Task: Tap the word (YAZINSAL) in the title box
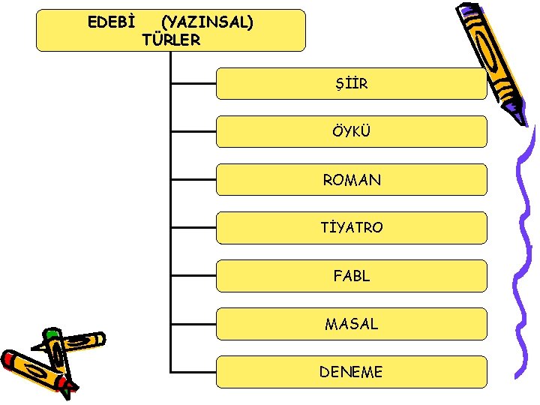tap(207, 22)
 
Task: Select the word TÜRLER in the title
tap(171, 40)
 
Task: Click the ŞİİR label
tap(352, 84)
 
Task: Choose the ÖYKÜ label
tap(352, 132)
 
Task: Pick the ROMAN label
tap(352, 180)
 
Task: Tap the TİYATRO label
tap(352, 228)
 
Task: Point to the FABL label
tap(352, 276)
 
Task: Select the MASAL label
tap(352, 324)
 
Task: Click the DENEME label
tap(352, 372)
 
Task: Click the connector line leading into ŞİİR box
tap(193, 84)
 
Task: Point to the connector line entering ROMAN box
tap(193, 180)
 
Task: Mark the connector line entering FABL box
tap(193, 276)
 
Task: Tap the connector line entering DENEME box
tap(193, 371)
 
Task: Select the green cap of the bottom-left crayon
tap(52, 334)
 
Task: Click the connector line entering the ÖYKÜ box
tap(193, 132)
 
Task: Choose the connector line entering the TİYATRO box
tap(193, 228)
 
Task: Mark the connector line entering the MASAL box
tap(193, 324)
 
